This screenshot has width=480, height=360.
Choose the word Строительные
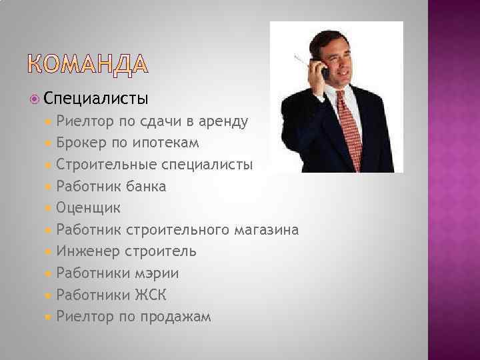pos(107,165)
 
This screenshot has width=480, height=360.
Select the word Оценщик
pos(89,208)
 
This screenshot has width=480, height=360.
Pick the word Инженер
pos(89,251)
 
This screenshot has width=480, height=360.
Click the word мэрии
pos(157,273)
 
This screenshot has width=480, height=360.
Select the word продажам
pos(175,317)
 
